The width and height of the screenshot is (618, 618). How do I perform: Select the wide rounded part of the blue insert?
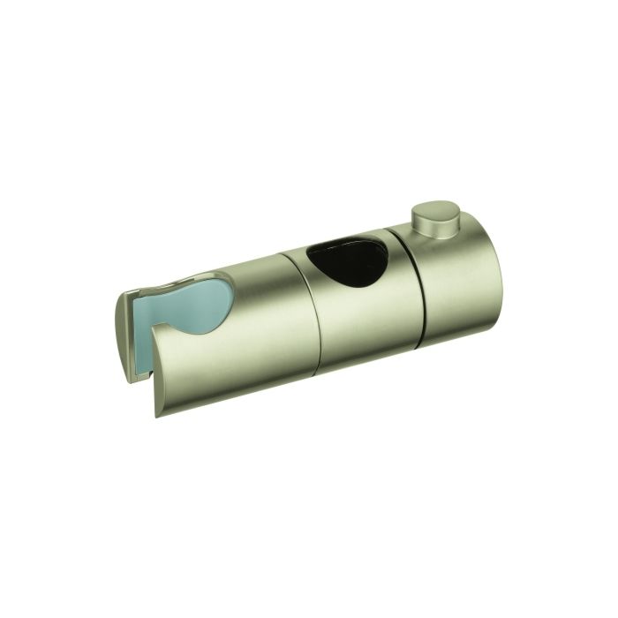[x=205, y=305]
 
